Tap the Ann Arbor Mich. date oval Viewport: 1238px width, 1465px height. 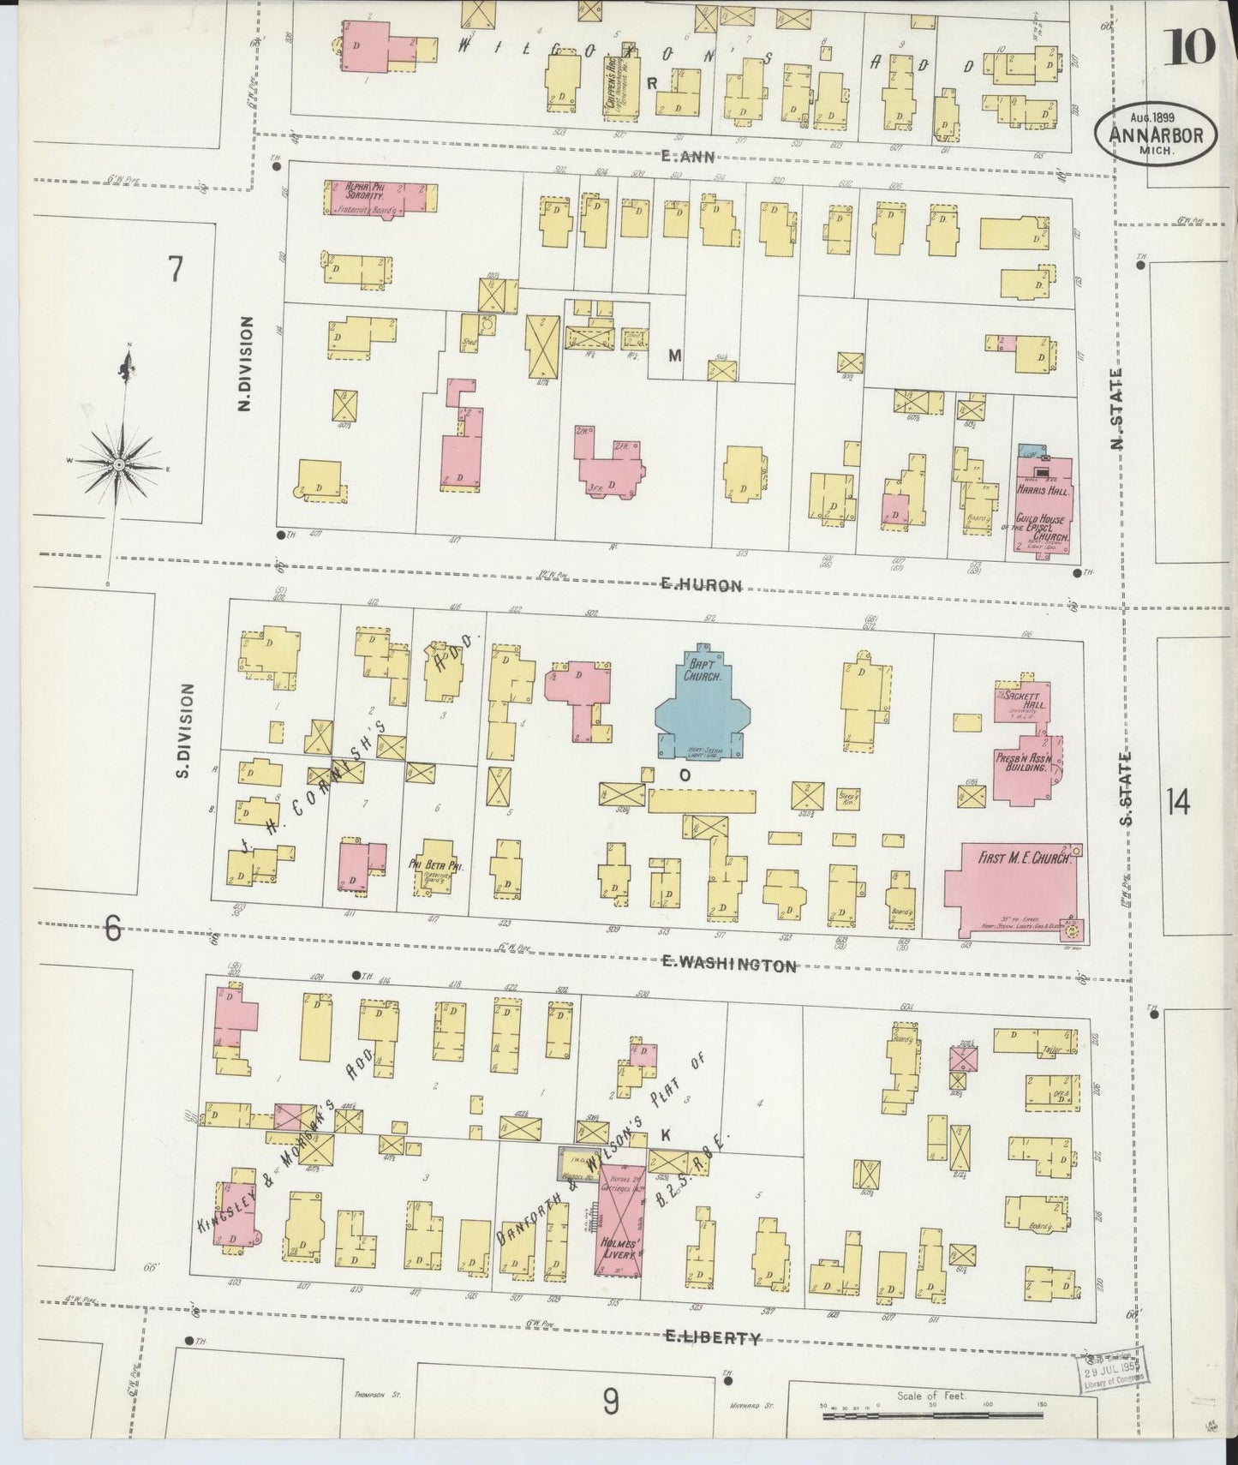(x=1154, y=136)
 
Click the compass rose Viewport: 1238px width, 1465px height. (x=120, y=464)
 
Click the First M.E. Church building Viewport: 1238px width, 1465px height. (x=1011, y=887)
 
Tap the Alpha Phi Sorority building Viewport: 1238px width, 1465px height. (x=377, y=196)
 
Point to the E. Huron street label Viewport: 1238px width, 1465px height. (x=701, y=585)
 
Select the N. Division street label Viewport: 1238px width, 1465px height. (x=247, y=363)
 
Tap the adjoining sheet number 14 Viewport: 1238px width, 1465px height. (x=1177, y=803)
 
